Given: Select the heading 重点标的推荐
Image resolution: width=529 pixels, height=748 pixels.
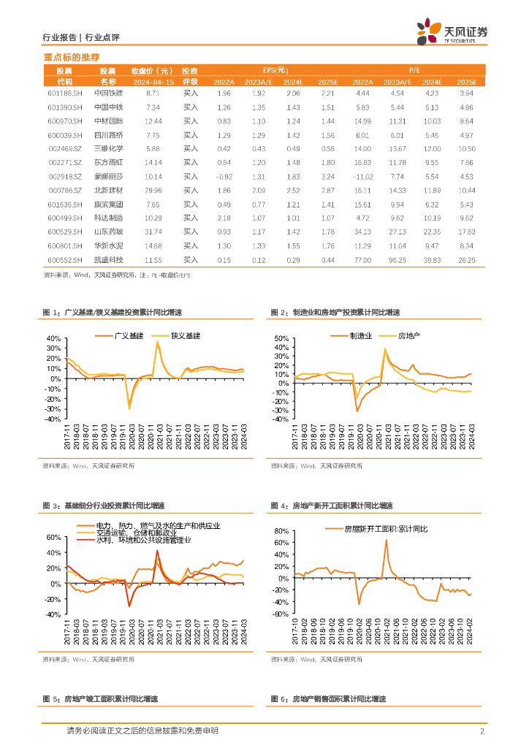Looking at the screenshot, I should click(71, 57).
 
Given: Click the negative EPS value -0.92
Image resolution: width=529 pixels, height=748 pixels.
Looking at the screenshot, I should click(224, 177).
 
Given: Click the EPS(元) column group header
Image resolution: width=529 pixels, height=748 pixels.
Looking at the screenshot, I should click(275, 70).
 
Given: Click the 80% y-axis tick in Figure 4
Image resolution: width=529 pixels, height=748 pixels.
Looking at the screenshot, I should click(283, 531).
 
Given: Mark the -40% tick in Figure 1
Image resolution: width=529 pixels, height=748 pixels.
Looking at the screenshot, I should click(54, 419).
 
